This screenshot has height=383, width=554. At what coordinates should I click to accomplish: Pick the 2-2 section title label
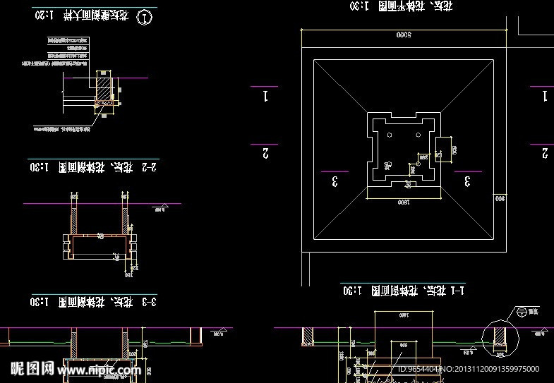pyautogui.click(x=147, y=167)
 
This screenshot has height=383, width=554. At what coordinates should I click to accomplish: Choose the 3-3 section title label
pyautogui.click(x=147, y=303)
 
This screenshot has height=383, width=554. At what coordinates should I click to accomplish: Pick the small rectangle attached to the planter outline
pyautogui.click(x=443, y=149)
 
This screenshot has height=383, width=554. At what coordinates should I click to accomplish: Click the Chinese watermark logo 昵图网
pyautogui.click(x=32, y=368)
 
